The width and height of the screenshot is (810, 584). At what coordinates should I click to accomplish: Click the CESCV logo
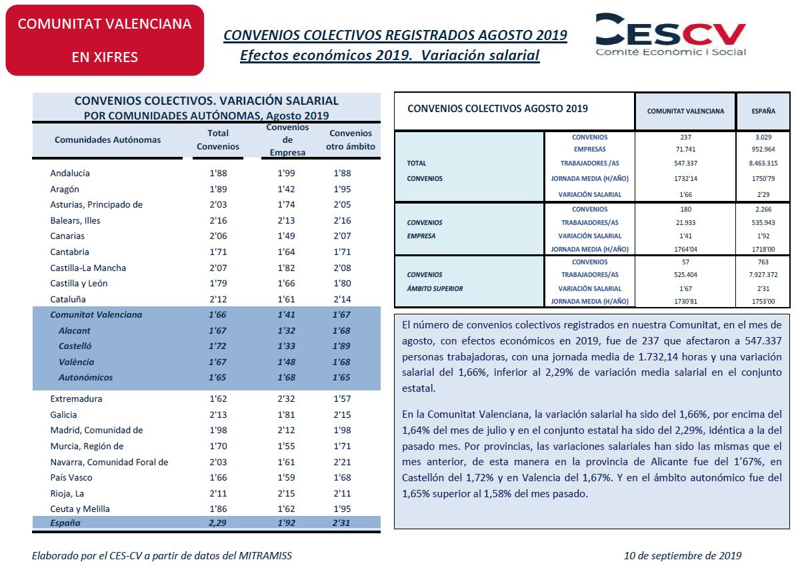pyautogui.click(x=671, y=35)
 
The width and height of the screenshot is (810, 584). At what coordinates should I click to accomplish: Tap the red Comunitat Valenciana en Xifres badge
pyautogui.click(x=105, y=40)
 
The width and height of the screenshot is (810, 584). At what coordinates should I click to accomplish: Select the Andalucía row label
pyautogui.click(x=70, y=173)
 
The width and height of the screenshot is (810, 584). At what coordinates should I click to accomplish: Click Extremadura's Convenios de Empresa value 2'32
pyautogui.click(x=286, y=398)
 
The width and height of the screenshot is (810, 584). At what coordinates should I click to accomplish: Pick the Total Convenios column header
pyautogui.click(x=218, y=139)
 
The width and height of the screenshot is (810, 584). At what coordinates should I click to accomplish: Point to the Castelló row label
pyautogui.click(x=75, y=346)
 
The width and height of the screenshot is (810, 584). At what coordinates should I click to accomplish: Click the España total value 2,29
pyautogui.click(x=217, y=523)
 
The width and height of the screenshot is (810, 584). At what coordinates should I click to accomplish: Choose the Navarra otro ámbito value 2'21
pyautogui.click(x=342, y=462)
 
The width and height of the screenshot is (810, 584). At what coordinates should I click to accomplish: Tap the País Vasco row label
pyautogui.click(x=71, y=478)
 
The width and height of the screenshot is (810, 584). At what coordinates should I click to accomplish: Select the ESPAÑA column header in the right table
pyautogui.click(x=763, y=111)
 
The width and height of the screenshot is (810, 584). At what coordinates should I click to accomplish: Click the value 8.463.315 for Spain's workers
pyautogui.click(x=763, y=164)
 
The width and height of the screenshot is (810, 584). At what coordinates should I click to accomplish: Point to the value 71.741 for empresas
pyautogui.click(x=685, y=149)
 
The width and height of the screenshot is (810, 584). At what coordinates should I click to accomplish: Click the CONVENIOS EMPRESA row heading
pyautogui.click(x=425, y=229)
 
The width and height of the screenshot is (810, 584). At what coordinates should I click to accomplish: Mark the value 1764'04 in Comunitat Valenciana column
pyautogui.click(x=685, y=249)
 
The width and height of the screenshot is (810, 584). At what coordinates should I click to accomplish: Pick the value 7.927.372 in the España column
pyautogui.click(x=763, y=275)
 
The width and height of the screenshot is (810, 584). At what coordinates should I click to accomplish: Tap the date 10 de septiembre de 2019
pyautogui.click(x=683, y=555)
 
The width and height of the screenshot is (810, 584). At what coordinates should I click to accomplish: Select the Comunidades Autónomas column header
pyautogui.click(x=108, y=139)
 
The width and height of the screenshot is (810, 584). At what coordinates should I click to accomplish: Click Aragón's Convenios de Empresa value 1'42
pyautogui.click(x=286, y=189)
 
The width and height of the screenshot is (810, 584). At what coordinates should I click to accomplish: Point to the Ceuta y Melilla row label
pyautogui.click(x=80, y=509)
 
